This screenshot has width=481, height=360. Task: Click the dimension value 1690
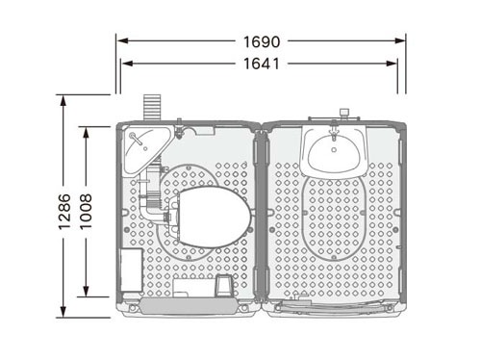point(262,41)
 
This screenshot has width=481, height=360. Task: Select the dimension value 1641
point(262,64)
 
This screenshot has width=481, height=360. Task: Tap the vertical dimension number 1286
point(64,212)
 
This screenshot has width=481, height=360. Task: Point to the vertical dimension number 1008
point(86,211)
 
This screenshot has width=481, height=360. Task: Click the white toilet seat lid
point(215,218)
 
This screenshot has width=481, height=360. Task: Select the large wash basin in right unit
point(334,152)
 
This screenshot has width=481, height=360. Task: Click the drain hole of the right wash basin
point(334,150)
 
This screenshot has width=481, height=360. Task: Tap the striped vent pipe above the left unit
point(152,107)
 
